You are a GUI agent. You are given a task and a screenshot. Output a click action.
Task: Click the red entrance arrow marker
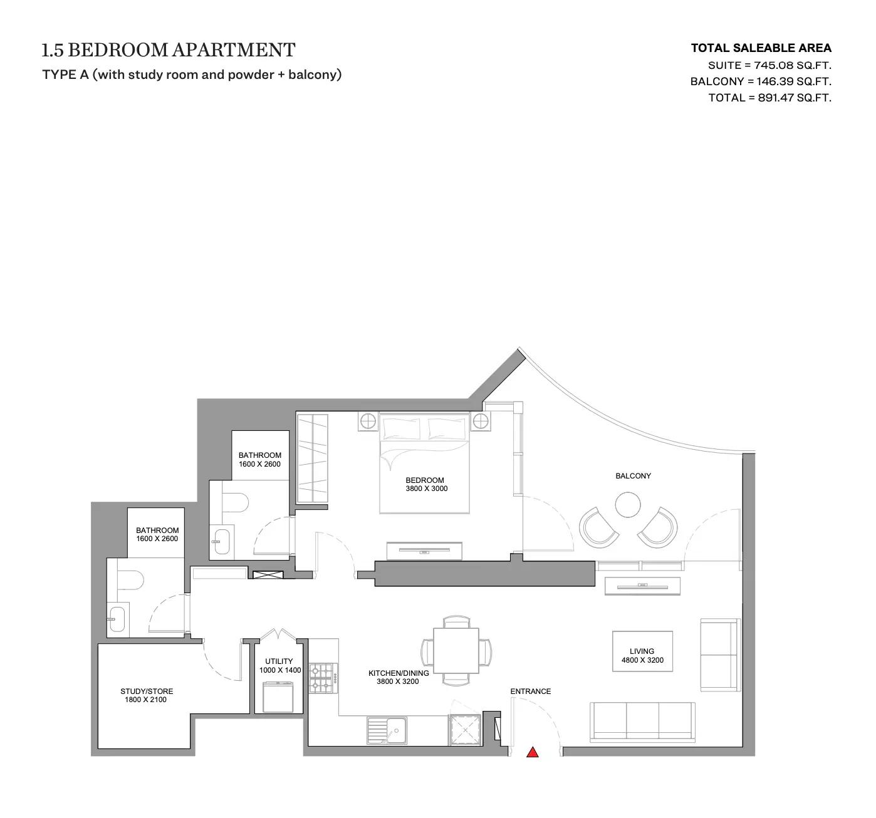[x=532, y=752]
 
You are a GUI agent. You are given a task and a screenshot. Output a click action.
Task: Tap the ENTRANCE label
[x=530, y=691]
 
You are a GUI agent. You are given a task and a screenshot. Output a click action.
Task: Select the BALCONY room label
[x=633, y=476]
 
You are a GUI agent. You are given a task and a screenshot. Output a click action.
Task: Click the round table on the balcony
[x=627, y=504]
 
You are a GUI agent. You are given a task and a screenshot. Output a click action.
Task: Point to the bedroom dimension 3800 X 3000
[x=426, y=489]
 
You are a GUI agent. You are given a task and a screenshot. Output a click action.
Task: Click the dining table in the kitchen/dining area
[x=456, y=650]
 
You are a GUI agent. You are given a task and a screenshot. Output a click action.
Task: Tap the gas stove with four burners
[x=323, y=678]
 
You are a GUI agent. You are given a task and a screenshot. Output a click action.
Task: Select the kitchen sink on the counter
[x=387, y=731]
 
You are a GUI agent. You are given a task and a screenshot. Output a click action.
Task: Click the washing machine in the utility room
[x=278, y=696]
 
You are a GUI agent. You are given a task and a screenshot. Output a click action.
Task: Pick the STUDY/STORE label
[x=147, y=691]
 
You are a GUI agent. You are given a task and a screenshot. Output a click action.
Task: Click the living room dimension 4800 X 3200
[x=642, y=660]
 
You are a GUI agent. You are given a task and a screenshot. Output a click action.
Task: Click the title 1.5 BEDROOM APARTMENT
[x=168, y=50]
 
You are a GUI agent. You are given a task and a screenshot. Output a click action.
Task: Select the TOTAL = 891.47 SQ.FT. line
[x=769, y=98]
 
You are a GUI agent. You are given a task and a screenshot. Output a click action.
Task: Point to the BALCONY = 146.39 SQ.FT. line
[x=761, y=81]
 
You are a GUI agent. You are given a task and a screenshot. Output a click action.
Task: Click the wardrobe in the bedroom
[x=311, y=458]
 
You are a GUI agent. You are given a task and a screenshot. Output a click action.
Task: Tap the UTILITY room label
[x=279, y=661]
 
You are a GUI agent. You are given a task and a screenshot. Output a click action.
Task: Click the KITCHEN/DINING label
[x=399, y=673]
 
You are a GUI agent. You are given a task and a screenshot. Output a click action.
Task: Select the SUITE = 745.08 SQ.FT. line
[x=769, y=65]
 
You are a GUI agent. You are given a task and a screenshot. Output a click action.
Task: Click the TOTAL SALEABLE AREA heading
[x=761, y=48]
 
